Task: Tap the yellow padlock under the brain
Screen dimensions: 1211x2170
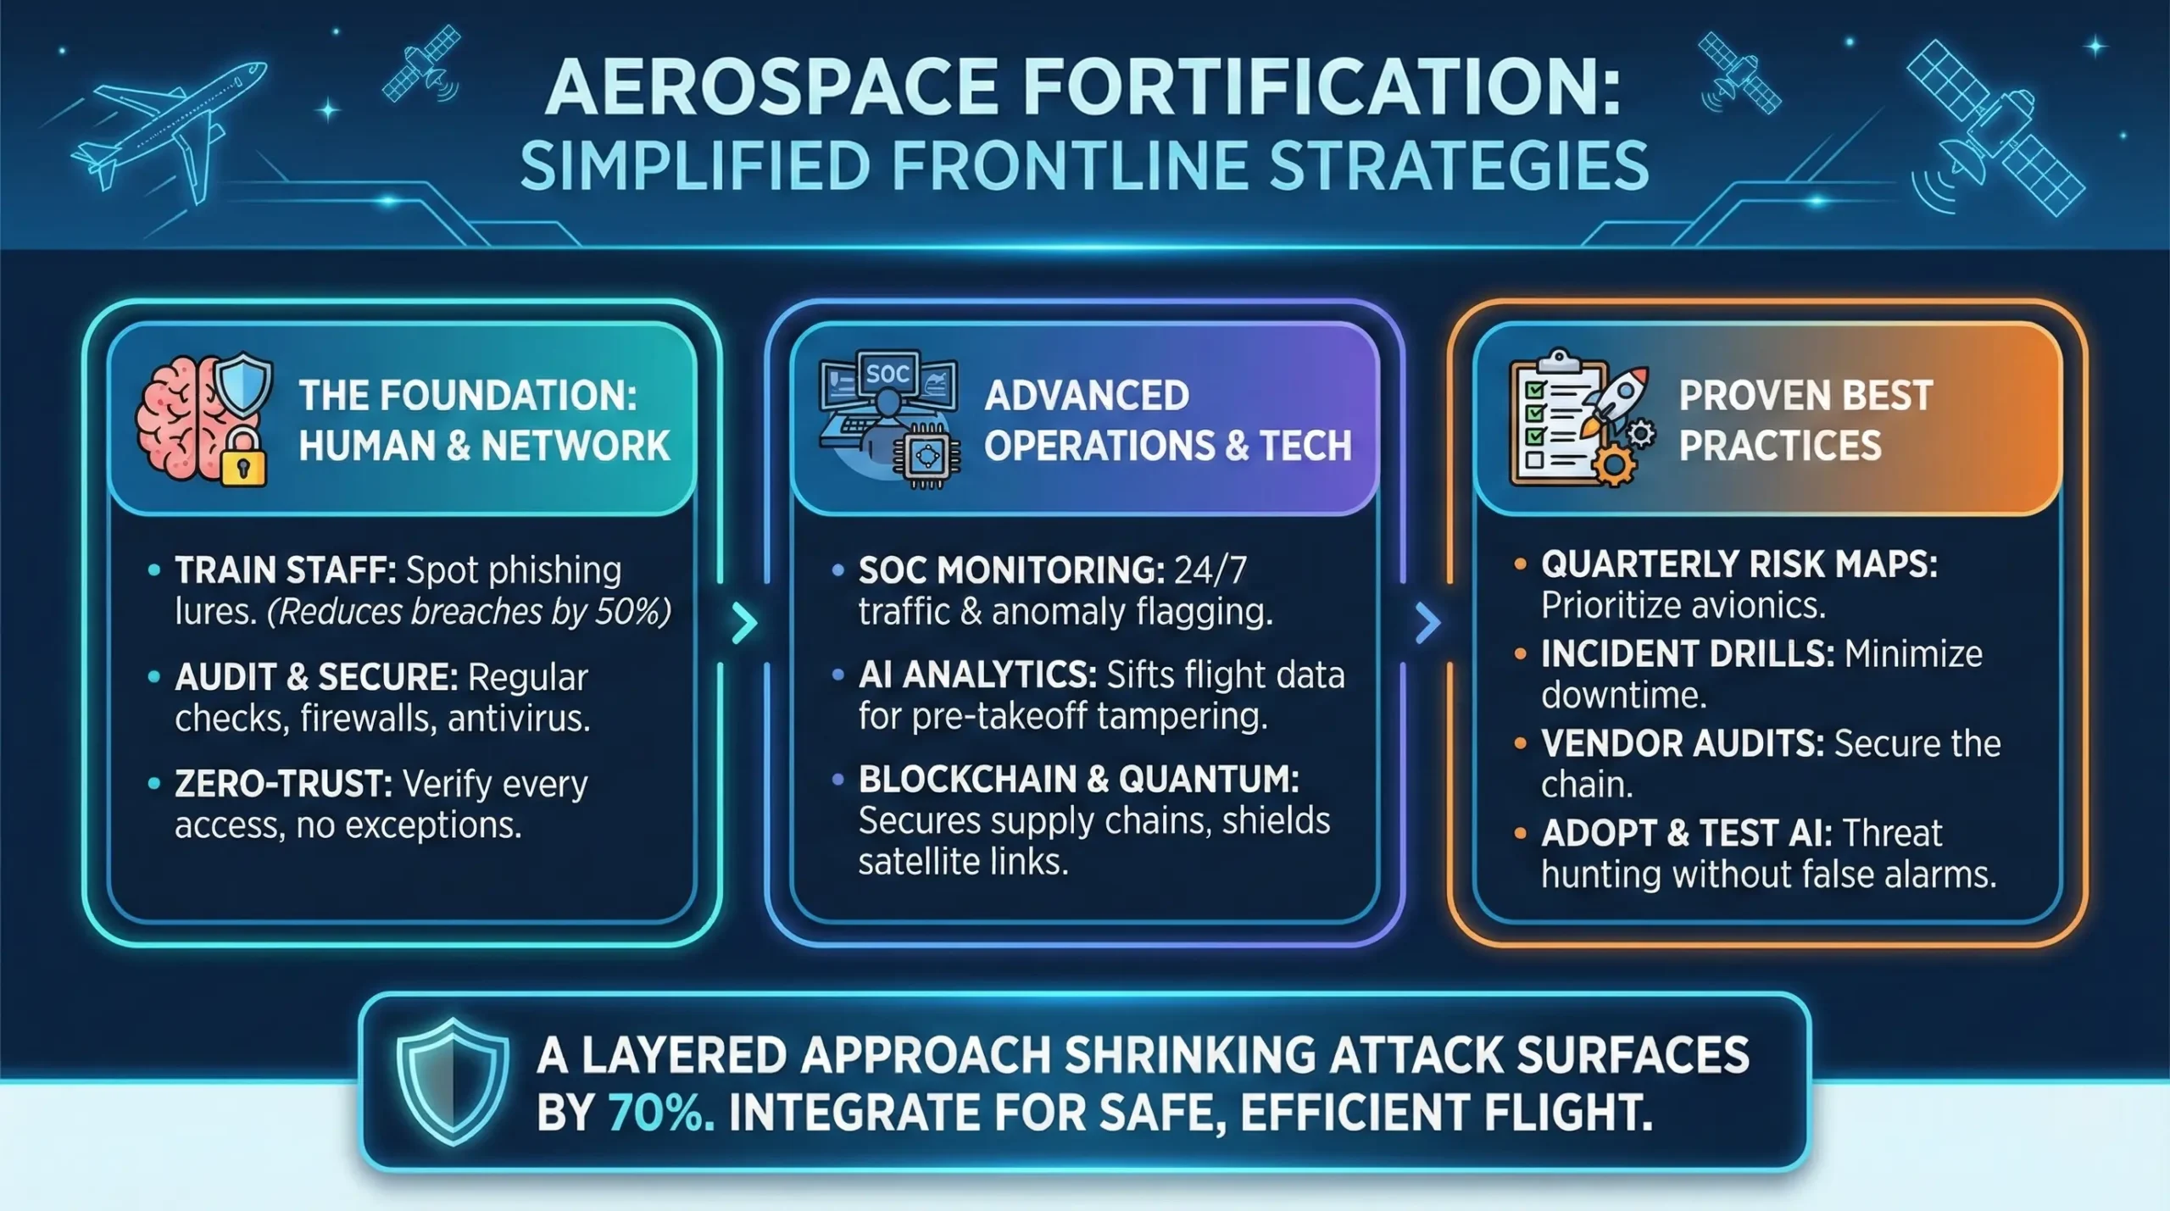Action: click(x=243, y=458)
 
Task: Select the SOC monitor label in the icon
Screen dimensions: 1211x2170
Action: click(x=887, y=374)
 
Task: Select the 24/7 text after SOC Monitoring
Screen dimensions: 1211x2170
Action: click(x=1210, y=570)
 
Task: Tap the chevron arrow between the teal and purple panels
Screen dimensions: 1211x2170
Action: click(x=743, y=623)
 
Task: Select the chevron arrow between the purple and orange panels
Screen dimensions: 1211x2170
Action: click(x=1427, y=623)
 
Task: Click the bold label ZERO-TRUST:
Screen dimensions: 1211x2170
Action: click(x=283, y=784)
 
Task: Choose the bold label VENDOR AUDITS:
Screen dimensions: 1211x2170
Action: click(x=1682, y=744)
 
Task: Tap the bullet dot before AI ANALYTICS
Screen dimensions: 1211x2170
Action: click(x=837, y=675)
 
